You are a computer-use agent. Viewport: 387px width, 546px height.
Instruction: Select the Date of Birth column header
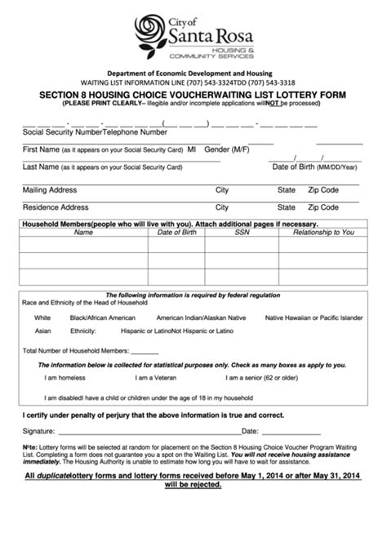[x=176, y=233]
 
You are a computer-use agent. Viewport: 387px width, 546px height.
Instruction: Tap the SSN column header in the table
[x=242, y=233]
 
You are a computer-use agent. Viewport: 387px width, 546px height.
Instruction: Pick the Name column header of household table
[x=83, y=233]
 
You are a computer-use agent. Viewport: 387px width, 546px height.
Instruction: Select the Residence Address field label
[x=56, y=207]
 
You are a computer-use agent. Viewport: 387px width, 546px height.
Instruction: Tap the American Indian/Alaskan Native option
[x=201, y=317]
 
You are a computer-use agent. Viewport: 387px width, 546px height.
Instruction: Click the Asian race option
[x=42, y=332]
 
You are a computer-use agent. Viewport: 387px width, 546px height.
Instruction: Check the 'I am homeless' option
[x=62, y=378]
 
